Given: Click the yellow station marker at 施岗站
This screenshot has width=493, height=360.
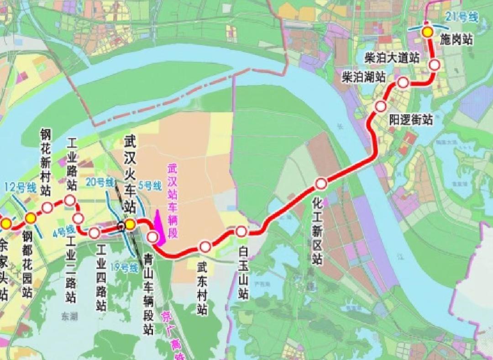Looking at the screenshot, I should (427, 32).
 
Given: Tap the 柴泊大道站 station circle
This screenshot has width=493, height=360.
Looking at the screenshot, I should (434, 65).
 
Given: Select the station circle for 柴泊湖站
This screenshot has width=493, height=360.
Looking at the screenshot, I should (403, 83).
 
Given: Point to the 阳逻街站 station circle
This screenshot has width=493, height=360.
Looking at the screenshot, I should (381, 106).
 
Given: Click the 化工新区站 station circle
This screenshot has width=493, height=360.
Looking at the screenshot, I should (321, 184).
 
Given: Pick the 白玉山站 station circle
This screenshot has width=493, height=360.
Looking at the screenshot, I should (241, 231).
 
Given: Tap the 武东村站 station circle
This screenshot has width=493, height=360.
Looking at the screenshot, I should (205, 247).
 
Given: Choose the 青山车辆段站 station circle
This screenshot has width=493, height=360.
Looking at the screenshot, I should (152, 237).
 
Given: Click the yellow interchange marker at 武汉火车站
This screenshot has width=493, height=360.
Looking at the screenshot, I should (130, 224).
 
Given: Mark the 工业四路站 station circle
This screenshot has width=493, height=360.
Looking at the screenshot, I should (94, 233).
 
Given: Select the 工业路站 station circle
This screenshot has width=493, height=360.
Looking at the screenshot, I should (70, 200).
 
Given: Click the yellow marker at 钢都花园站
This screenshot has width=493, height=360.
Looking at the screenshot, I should (31, 218).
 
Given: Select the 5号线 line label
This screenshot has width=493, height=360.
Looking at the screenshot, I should (150, 186).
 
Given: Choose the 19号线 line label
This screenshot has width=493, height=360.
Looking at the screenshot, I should (126, 268).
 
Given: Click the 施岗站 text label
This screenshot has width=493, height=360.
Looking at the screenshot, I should (456, 40).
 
